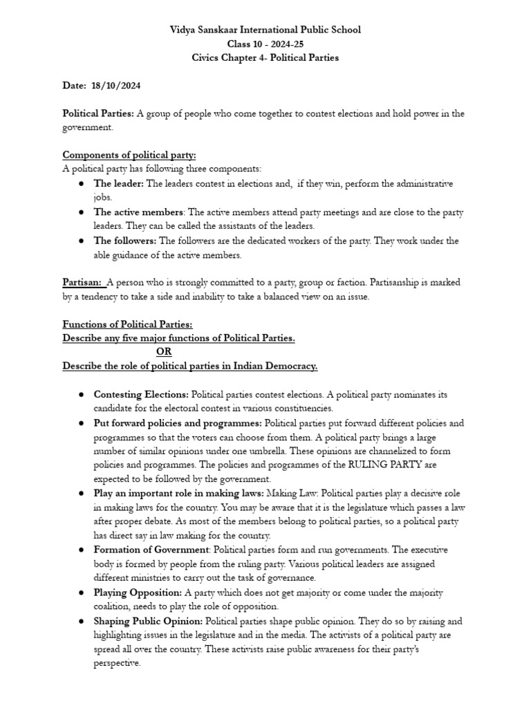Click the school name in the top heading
click(x=265, y=30)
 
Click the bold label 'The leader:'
click(x=119, y=183)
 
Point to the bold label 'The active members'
click(x=139, y=212)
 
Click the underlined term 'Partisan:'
click(x=84, y=282)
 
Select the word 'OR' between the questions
click(x=164, y=352)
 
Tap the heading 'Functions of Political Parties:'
click(x=128, y=324)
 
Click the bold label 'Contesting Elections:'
click(x=141, y=394)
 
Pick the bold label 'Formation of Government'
click(x=151, y=550)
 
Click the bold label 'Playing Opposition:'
click(x=138, y=593)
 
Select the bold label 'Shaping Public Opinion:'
click(x=148, y=621)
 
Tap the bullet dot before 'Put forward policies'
click(x=81, y=422)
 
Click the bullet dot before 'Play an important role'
click(x=81, y=494)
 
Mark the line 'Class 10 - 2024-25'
click(x=265, y=44)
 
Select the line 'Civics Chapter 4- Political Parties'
click(x=265, y=57)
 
